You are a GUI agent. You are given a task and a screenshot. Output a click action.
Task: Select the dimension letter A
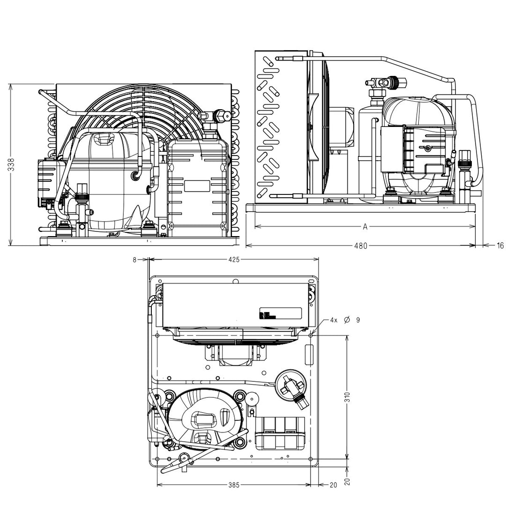[x=365, y=227]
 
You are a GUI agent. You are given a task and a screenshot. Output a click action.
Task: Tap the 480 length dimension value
[x=361, y=246]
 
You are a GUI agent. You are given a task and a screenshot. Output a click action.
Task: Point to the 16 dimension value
[x=500, y=246]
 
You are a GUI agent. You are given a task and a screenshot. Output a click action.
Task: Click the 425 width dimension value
[x=234, y=260]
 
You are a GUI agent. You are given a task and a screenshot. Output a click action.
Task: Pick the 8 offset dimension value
[x=134, y=260]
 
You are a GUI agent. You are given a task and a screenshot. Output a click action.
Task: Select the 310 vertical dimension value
[x=347, y=397]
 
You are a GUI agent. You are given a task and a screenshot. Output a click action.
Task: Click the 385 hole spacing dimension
[x=234, y=485]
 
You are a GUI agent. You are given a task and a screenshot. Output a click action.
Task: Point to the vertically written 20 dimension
[x=347, y=482]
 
